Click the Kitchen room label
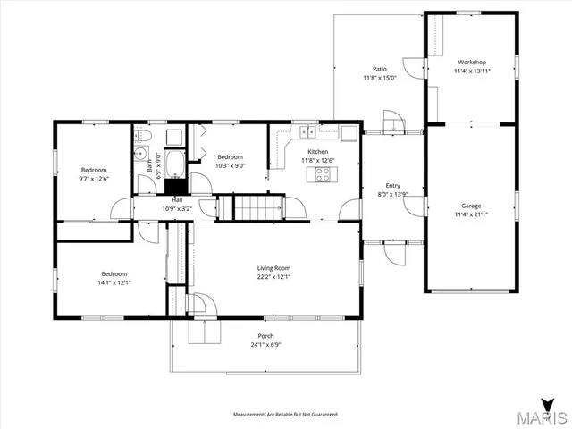pos(317,152)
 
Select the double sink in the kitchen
pos(308,134)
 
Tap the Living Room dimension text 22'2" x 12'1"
pos(274,276)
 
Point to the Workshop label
pos(470,62)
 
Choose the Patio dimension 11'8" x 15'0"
pos(380,78)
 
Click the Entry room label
pos(392,185)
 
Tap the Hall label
pos(177,200)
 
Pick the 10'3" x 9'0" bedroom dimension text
pos(231,164)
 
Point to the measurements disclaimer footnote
pos(285,415)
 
